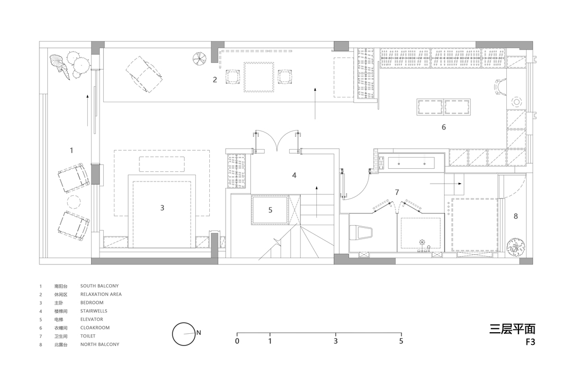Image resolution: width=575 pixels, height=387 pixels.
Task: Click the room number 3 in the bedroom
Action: click(x=162, y=208)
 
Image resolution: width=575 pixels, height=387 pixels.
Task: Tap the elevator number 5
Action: click(x=270, y=210)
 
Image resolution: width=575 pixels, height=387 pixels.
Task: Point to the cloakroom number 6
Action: click(x=443, y=127)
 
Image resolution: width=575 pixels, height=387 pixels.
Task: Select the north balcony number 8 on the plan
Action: click(x=515, y=216)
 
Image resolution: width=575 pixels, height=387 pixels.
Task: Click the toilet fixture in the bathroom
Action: click(x=361, y=232)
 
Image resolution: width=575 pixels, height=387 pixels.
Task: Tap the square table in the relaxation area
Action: click(x=259, y=77)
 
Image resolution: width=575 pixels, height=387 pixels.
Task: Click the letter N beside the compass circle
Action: click(x=199, y=333)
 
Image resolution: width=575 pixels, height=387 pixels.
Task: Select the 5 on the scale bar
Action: click(x=401, y=341)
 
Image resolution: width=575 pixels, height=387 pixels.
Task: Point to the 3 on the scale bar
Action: click(x=335, y=341)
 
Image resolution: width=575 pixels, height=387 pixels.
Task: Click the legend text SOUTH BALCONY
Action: click(x=100, y=286)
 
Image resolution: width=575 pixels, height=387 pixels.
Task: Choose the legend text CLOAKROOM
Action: click(x=95, y=327)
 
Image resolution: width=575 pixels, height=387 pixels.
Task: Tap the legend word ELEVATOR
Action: click(x=92, y=319)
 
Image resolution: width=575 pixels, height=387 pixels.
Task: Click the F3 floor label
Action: click(x=530, y=342)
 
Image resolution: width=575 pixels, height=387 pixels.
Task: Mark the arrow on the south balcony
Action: click(x=87, y=110)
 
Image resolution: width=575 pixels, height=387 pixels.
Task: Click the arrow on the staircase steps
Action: click(x=316, y=201)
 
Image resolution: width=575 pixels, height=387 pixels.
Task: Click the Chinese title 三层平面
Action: click(x=512, y=328)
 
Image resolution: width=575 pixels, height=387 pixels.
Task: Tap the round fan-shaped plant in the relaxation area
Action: click(x=200, y=58)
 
